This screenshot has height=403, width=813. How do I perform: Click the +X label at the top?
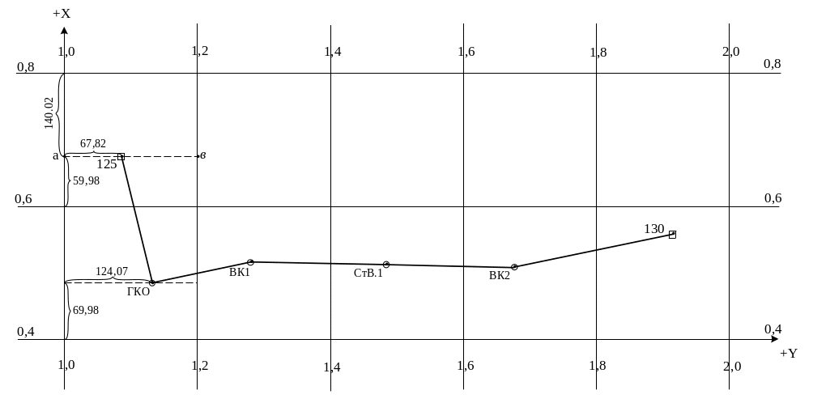[62, 15]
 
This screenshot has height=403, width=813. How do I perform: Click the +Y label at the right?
[788, 354]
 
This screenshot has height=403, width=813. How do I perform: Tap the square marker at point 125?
[121, 156]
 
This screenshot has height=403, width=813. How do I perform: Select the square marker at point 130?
[672, 235]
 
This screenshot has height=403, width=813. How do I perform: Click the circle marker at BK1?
[252, 262]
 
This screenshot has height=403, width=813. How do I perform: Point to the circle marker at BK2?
[514, 266]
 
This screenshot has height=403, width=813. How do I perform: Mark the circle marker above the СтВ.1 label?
[386, 265]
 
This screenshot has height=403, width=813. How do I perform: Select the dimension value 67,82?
[93, 144]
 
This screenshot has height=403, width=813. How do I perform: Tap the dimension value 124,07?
[113, 270]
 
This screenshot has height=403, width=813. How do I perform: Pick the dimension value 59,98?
[84, 180]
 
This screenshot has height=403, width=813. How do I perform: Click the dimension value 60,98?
[84, 310]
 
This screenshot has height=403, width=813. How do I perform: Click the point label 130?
[653, 229]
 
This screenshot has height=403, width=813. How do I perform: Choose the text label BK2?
[500, 276]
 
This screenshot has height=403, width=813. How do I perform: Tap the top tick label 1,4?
[332, 52]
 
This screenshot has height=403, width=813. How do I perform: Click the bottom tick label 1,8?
[598, 366]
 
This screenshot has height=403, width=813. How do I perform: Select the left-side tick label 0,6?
[26, 199]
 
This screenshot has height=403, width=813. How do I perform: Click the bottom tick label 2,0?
[731, 366]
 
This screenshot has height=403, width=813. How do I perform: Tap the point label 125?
[106, 164]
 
